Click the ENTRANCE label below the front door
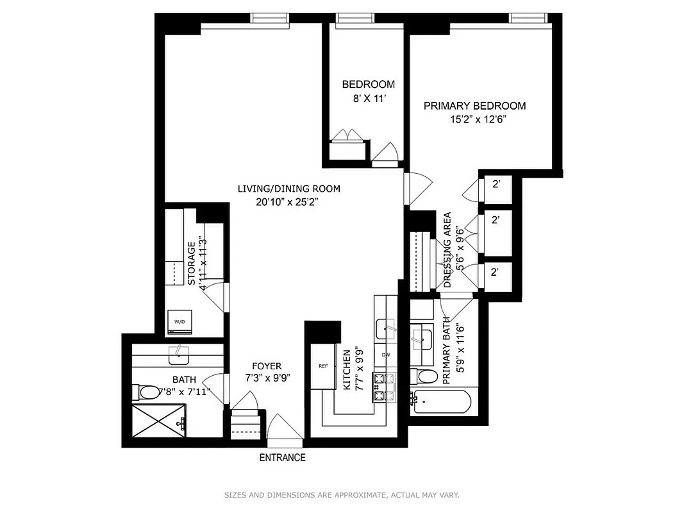click(x=282, y=458)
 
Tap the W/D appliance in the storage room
click(x=179, y=322)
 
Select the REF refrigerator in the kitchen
click(x=323, y=366)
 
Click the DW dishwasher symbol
click(x=386, y=355)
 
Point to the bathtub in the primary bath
click(x=442, y=402)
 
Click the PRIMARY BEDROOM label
click(x=474, y=106)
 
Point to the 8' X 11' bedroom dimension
click(x=368, y=99)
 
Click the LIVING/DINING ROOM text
click(x=288, y=189)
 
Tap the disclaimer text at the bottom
click(x=342, y=495)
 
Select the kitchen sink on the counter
click(x=385, y=329)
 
